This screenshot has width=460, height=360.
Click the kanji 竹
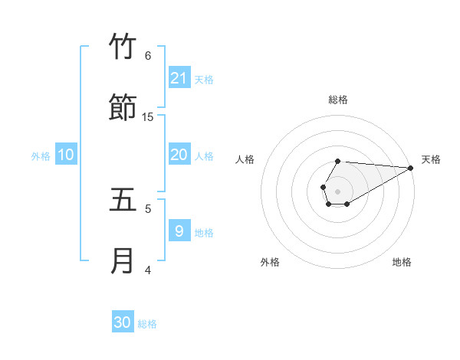tap(123, 47)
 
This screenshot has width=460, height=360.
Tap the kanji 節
tap(123, 108)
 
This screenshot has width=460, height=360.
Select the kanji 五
tap(123, 200)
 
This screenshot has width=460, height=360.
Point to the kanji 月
tap(123, 261)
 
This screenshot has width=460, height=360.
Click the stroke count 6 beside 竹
tap(148, 55)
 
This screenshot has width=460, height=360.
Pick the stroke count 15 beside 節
tap(148, 116)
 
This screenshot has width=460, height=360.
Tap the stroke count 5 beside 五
tap(148, 208)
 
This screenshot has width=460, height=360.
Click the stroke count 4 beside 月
tap(148, 270)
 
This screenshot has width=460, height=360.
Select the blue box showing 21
tap(179, 78)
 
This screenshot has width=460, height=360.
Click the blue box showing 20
tap(179, 155)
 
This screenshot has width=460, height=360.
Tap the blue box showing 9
tap(179, 231)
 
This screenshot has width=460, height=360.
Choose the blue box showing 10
tap(66, 155)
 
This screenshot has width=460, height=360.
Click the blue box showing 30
tap(123, 322)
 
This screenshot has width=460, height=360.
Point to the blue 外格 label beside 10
tap(41, 156)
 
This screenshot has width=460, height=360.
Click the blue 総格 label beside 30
tap(147, 324)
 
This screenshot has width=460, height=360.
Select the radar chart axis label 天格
tap(431, 159)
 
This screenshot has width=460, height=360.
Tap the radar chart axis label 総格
tap(338, 100)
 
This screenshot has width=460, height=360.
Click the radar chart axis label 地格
tap(402, 262)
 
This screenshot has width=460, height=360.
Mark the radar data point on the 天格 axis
tap(411, 167)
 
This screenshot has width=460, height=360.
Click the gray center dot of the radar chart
tap(337, 190)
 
